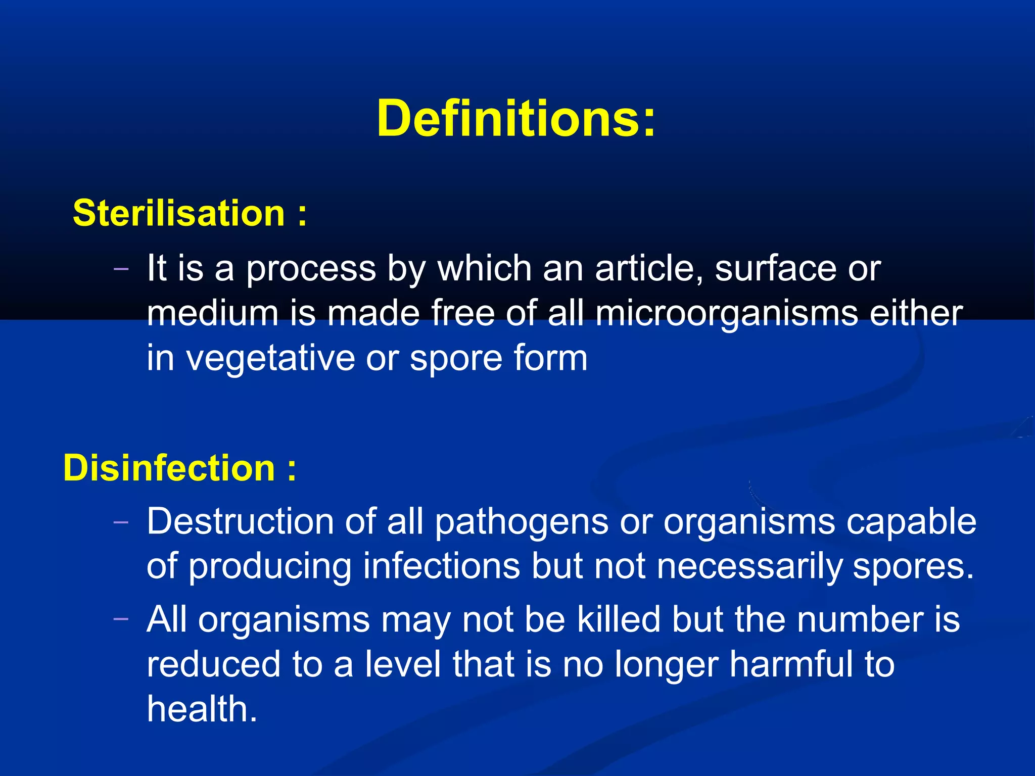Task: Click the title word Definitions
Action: point(515,119)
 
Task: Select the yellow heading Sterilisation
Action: point(179,213)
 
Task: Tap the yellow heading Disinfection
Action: point(169,468)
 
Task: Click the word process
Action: point(311,269)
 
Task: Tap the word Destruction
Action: point(240,521)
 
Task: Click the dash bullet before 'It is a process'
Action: point(121,269)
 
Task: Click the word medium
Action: point(213,313)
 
